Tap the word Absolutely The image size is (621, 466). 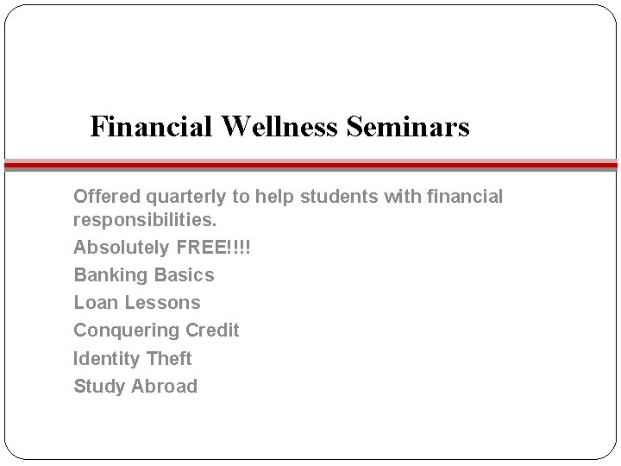click(121, 248)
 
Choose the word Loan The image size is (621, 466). click(96, 303)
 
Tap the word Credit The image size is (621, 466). click(211, 331)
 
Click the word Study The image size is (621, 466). click(98, 387)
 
